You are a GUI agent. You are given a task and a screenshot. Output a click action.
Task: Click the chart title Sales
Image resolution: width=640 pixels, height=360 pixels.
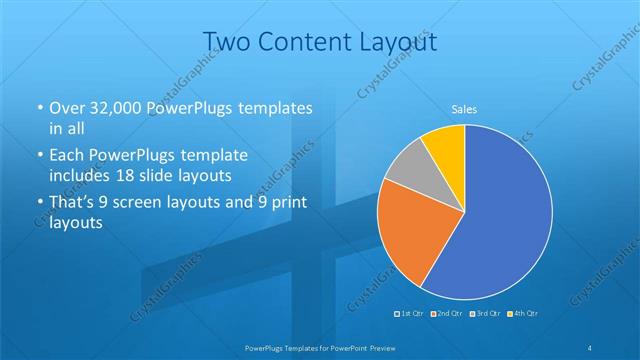[x=463, y=109]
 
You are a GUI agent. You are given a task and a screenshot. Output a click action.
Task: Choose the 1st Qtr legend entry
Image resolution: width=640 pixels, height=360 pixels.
[x=411, y=314]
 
